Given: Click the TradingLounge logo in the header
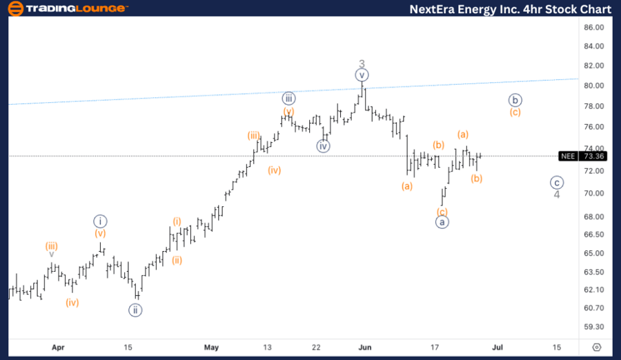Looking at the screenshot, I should coord(66,8).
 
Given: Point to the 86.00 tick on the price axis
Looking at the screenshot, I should coord(594,28).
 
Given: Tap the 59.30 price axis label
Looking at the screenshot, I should coord(594,327).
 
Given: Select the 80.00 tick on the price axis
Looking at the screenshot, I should coord(594,86).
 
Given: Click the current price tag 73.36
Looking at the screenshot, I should coord(594,156).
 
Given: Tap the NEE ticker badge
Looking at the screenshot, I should coord(568,156).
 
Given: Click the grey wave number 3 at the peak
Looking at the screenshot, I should coord(362,64).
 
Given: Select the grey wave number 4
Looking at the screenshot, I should coord(557,194).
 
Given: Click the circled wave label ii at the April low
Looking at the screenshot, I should coord(135,310).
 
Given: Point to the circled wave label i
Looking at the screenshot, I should coord(101,221).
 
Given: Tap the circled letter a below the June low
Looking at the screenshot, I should coord(442,222).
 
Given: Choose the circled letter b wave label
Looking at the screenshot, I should coord(514,100).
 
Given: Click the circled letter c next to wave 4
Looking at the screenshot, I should coord(556,183).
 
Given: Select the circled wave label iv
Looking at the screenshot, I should coord(324,146).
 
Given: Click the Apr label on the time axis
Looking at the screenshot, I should coord(59,347).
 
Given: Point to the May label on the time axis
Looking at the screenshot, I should coord(211,347).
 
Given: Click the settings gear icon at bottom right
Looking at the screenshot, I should coord(598,347).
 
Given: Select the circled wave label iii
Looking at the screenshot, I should coord(288,98).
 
